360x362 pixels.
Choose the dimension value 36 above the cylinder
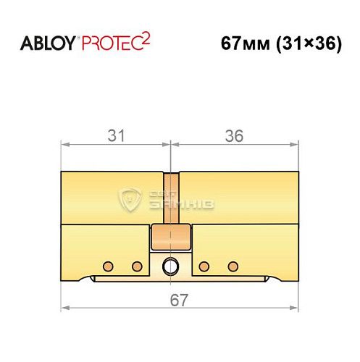click(234, 135)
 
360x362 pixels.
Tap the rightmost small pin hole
click(233, 264)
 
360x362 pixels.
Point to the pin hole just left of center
click(135, 264)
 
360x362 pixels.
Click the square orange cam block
click(170, 235)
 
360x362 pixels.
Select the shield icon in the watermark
click(131, 197)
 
